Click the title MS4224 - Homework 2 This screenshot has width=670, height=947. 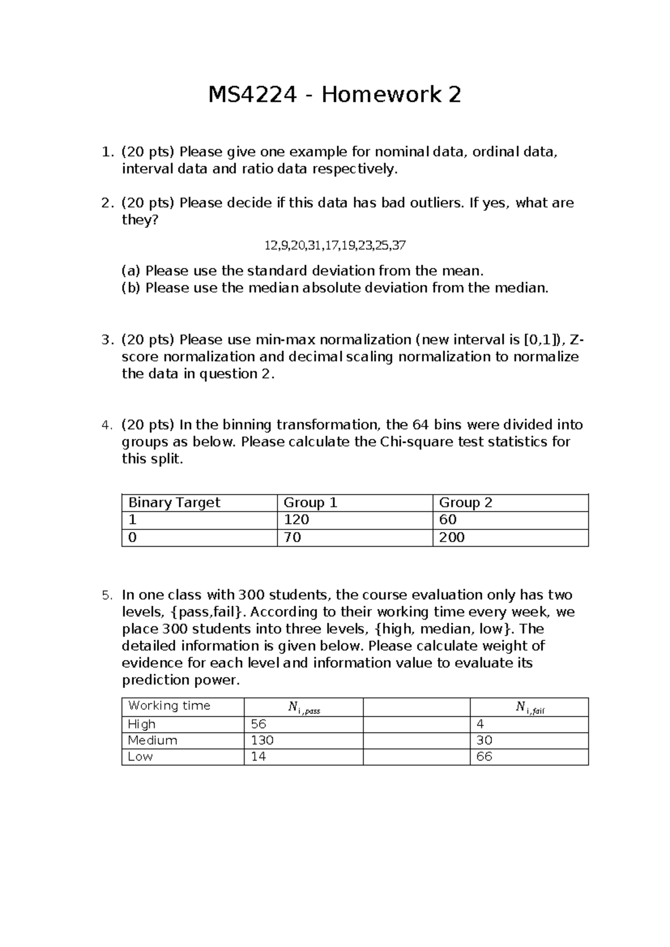(x=334, y=95)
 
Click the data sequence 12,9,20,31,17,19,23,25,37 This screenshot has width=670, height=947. (x=334, y=245)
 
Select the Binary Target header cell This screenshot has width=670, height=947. (x=174, y=503)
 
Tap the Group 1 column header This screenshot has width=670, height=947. (x=310, y=503)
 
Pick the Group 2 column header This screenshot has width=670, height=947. (x=466, y=503)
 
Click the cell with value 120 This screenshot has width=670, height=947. (x=296, y=520)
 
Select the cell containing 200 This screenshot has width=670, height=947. (x=452, y=537)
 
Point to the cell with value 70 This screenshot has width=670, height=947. (x=293, y=537)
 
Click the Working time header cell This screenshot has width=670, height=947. (x=169, y=706)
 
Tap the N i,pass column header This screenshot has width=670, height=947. (x=304, y=707)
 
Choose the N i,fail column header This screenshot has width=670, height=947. (x=529, y=707)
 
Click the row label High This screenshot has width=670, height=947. (x=142, y=724)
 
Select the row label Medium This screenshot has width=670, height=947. (x=152, y=740)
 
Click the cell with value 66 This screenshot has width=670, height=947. (x=484, y=757)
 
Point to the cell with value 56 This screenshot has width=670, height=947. (x=259, y=724)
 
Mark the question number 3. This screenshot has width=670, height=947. (x=107, y=340)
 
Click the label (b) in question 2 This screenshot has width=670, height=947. (x=131, y=288)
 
